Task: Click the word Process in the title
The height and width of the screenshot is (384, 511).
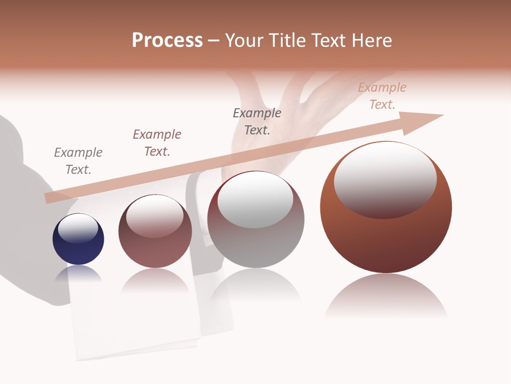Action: pos(167,41)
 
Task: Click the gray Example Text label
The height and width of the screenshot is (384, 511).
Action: pos(78,161)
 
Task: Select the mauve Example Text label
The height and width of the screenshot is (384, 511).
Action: pos(157,143)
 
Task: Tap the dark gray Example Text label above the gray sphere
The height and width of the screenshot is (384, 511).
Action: pos(257,122)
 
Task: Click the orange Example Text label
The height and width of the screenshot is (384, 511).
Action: pos(382,96)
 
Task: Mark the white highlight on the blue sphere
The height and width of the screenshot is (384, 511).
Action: pos(78,228)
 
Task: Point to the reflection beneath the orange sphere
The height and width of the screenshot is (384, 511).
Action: pos(386,296)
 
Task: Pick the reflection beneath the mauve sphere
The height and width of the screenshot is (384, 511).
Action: pos(155,281)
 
